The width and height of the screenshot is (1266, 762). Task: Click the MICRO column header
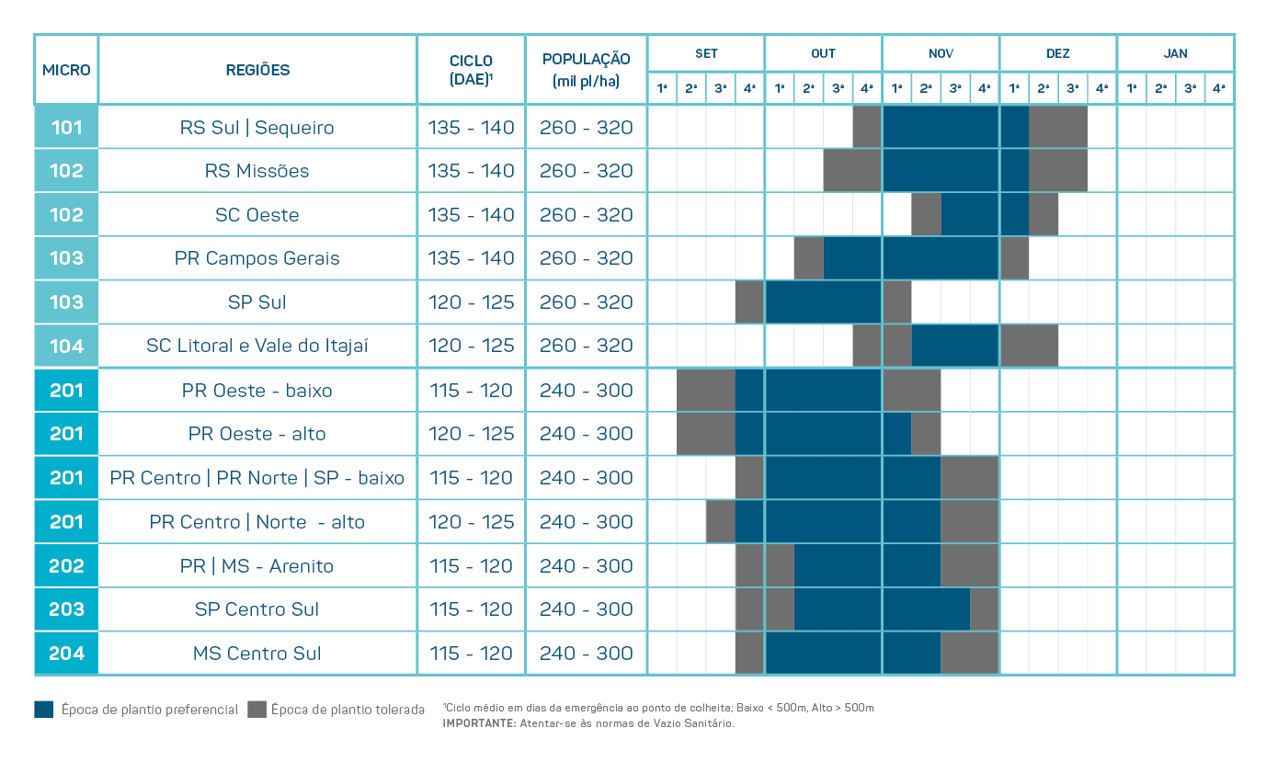click(x=66, y=70)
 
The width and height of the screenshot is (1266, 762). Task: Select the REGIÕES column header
click(x=257, y=70)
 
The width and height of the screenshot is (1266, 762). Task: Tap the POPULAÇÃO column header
click(x=586, y=70)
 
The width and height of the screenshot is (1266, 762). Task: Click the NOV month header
click(x=941, y=53)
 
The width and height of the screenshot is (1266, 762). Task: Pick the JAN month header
click(x=1175, y=53)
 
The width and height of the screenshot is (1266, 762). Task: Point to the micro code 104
click(x=66, y=347)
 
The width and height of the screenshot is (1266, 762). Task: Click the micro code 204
click(x=66, y=654)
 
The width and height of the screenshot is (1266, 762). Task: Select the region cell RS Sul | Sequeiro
click(x=257, y=128)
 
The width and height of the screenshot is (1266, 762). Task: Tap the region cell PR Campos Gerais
click(x=257, y=258)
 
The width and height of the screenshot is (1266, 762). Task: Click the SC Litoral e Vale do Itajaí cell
click(x=257, y=347)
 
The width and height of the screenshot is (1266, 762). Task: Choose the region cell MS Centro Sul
click(x=257, y=654)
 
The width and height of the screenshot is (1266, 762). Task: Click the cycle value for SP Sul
click(x=471, y=302)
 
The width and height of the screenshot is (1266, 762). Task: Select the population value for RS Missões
click(x=586, y=171)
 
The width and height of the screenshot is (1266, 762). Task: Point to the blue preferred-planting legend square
click(x=44, y=710)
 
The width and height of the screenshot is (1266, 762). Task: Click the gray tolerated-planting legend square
click(x=257, y=710)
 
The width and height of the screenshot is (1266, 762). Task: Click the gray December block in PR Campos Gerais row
click(x=1014, y=258)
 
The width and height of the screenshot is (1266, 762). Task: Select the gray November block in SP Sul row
click(x=896, y=302)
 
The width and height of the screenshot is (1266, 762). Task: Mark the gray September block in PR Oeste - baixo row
click(x=705, y=390)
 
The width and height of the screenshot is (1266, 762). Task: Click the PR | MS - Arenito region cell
click(x=257, y=566)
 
